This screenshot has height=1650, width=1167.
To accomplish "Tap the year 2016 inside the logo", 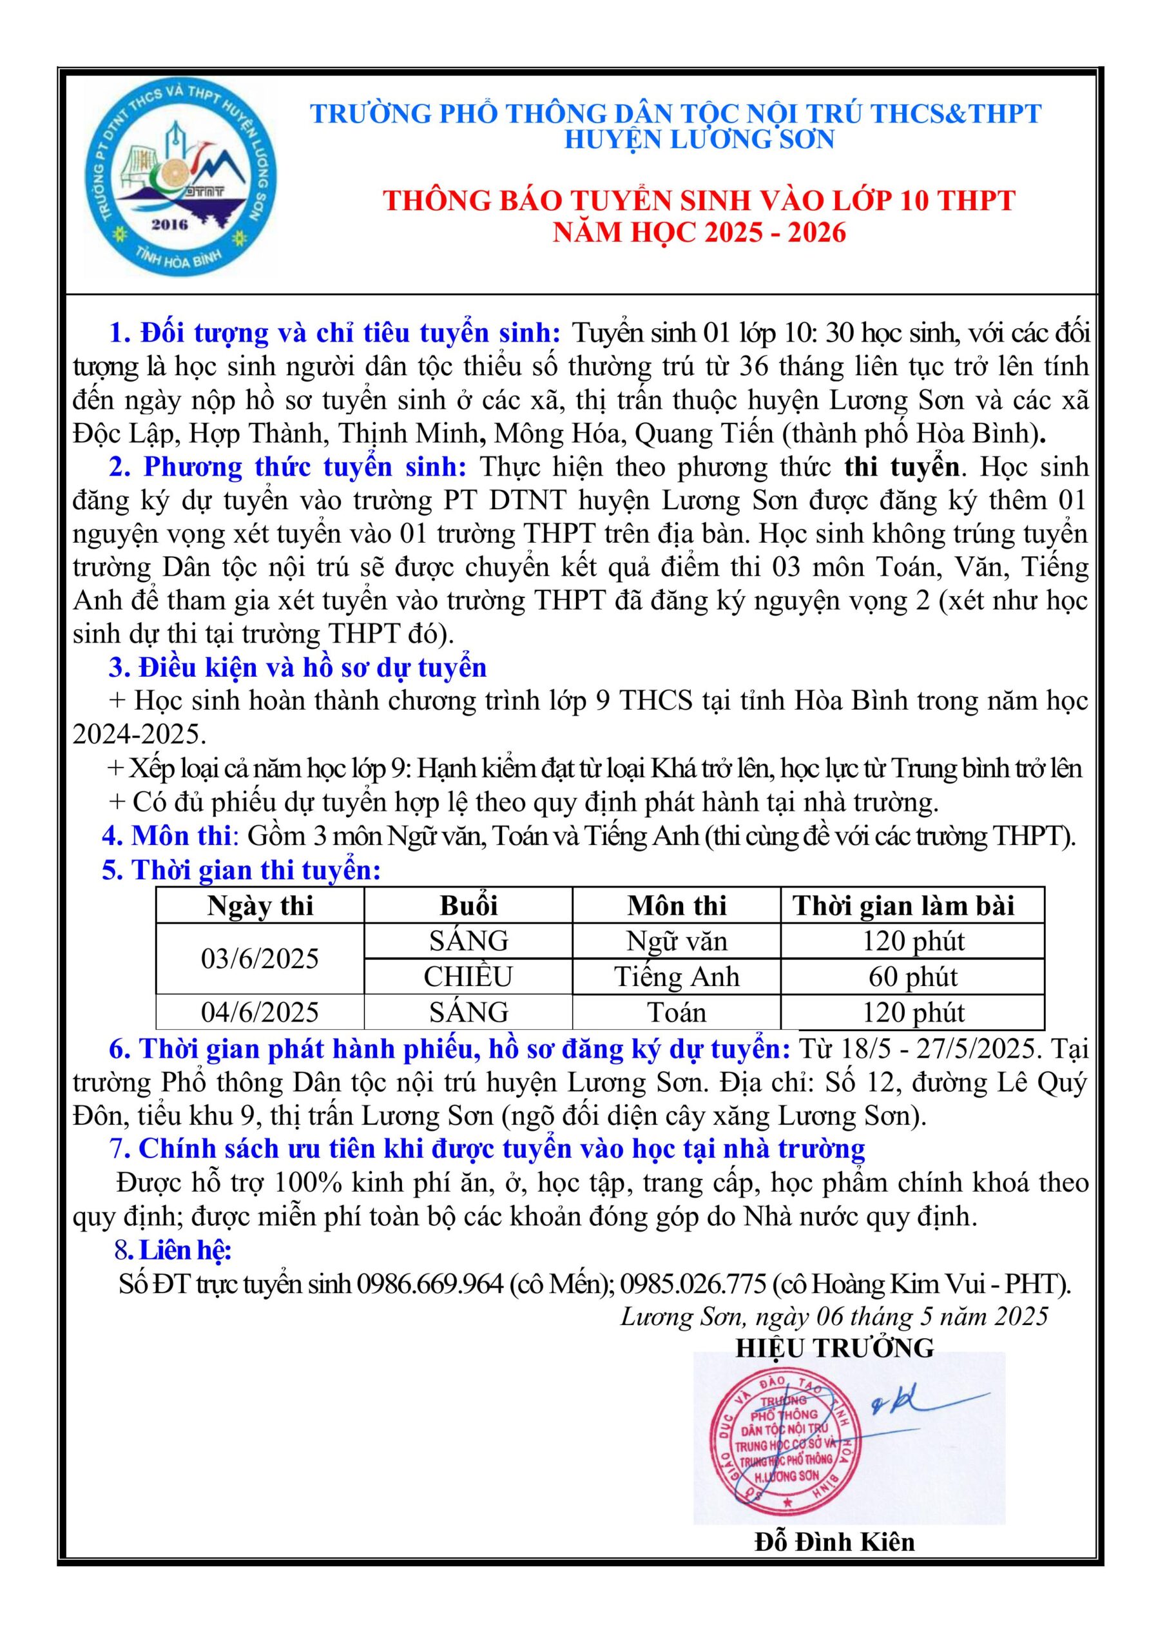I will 169,224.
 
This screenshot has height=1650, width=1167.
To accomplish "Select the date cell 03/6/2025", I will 260,958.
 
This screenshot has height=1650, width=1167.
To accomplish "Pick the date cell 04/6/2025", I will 260,1013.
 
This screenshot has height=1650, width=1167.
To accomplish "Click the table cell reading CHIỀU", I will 468,976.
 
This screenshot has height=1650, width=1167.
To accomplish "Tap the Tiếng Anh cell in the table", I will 676,976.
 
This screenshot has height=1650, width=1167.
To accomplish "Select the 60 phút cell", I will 912,976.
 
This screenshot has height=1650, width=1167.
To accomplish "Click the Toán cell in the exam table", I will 676,1013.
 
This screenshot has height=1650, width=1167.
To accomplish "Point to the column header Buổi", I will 468,906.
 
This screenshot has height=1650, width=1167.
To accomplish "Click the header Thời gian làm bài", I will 903,906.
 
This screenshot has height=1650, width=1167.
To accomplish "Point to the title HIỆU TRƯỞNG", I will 834,1348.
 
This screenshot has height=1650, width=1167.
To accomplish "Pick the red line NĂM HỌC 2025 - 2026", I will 699,232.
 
